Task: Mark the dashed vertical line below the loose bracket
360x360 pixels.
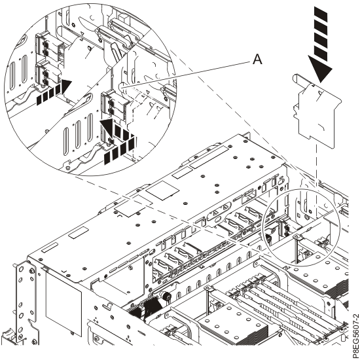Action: click(x=315, y=170)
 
